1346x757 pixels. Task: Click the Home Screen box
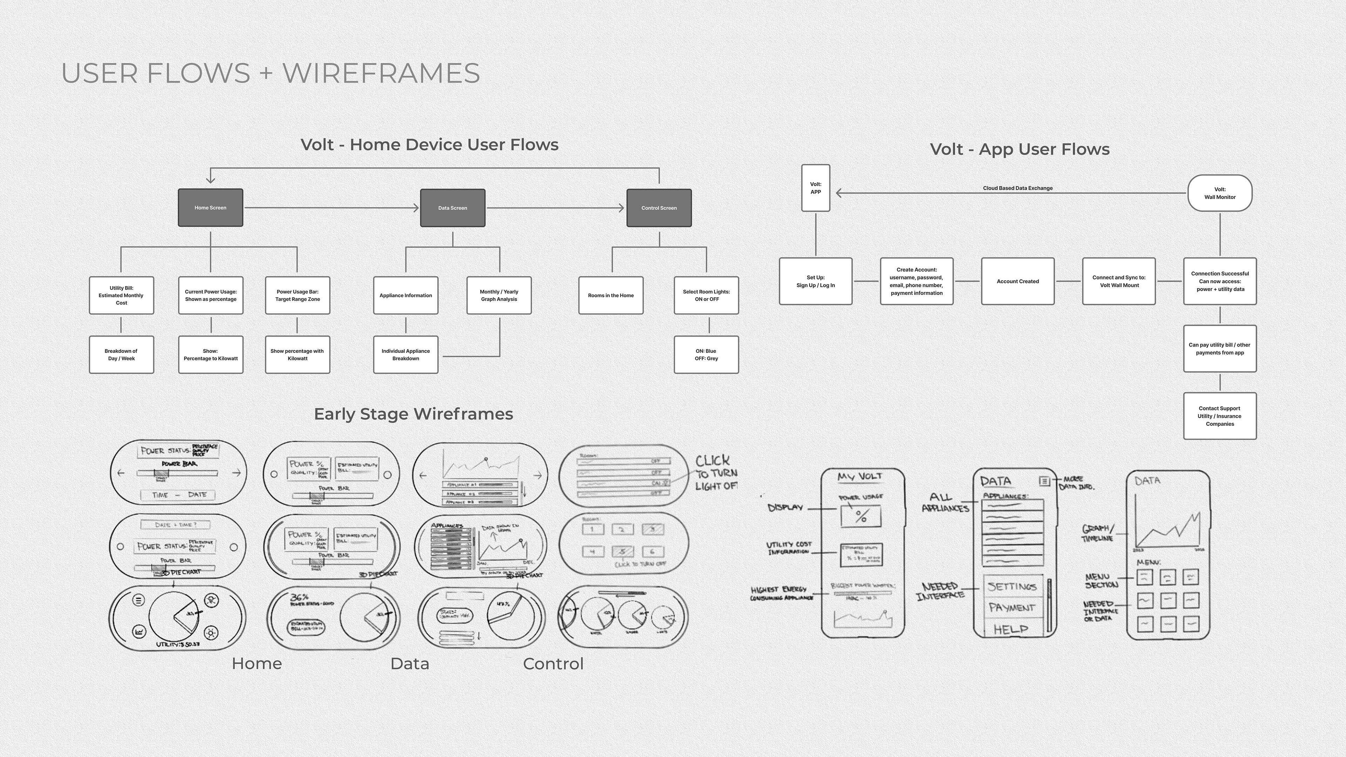pyautogui.click(x=211, y=208)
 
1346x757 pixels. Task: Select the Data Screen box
pyautogui.click(x=453, y=208)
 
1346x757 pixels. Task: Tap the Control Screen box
pyautogui.click(x=659, y=208)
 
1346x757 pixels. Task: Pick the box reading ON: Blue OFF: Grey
pyautogui.click(x=706, y=355)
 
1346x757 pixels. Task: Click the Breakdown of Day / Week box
pyautogui.click(x=121, y=355)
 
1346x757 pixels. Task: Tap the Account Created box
pyautogui.click(x=1017, y=281)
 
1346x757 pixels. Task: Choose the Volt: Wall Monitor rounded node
pyautogui.click(x=1219, y=193)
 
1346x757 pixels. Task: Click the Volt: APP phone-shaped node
pyautogui.click(x=816, y=188)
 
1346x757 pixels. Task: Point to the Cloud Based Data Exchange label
pyautogui.click(x=1017, y=188)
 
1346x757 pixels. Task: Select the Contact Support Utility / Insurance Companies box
pyautogui.click(x=1219, y=416)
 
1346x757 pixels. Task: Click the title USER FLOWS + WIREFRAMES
pyautogui.click(x=271, y=73)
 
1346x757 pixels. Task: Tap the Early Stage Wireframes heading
pyautogui.click(x=413, y=414)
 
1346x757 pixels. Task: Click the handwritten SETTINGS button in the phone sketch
pyautogui.click(x=1012, y=587)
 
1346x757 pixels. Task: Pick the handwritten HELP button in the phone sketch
pyautogui.click(x=1011, y=629)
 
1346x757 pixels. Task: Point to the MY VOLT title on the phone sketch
pyautogui.click(x=860, y=477)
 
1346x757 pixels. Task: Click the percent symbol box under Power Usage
pyautogui.click(x=861, y=517)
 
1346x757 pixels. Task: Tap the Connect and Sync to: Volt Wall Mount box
pyautogui.click(x=1119, y=281)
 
